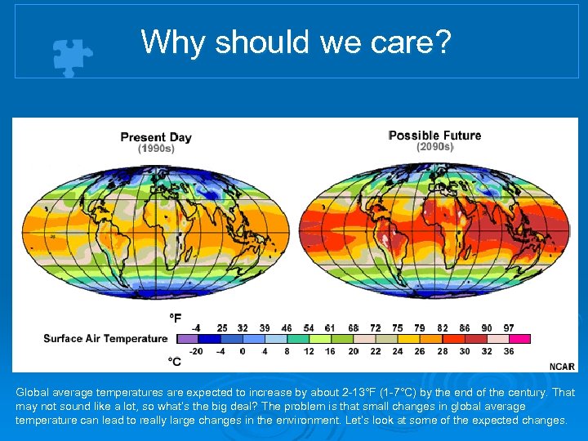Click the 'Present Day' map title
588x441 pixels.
156,137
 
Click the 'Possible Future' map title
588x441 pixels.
434,136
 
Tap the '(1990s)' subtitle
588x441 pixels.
156,149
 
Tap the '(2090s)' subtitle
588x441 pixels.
434,147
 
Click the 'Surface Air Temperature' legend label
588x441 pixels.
105,338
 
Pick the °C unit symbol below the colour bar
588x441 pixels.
175,361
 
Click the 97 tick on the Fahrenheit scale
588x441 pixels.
509,327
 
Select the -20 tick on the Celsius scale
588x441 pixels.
196,351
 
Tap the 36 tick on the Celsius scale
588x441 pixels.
509,351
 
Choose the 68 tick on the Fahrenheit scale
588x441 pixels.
354,327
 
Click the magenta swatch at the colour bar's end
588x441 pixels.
519,338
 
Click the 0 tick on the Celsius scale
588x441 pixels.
243,351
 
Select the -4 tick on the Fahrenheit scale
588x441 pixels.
196,327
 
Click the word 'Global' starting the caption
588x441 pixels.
31,393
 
